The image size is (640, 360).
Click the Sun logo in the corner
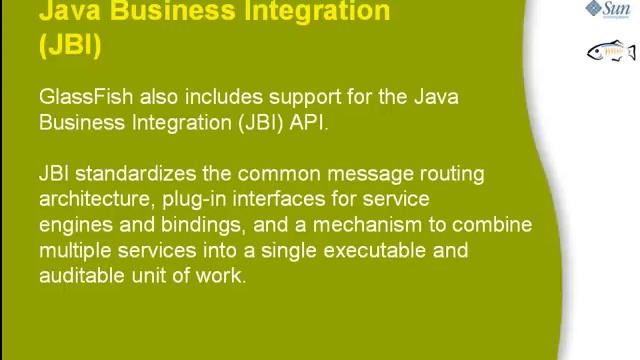pos(611,10)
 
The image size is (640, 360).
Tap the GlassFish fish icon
pos(611,51)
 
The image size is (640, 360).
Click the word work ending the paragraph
pos(222,276)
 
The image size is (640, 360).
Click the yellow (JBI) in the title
pos(70,46)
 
